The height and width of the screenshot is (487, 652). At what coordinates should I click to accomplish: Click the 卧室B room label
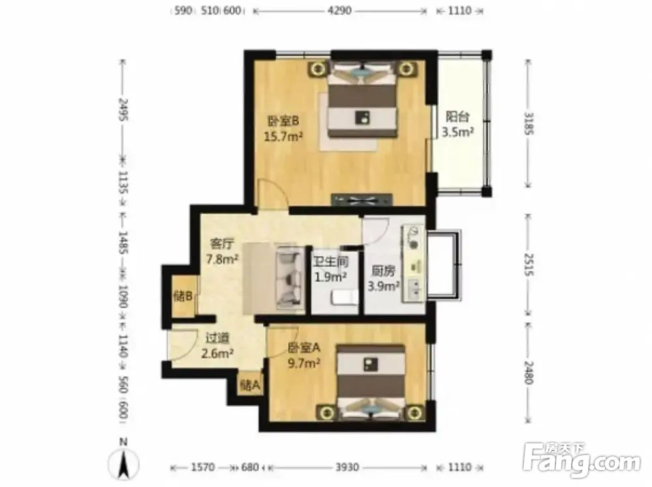283,121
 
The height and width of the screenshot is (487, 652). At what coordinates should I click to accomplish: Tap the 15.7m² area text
283,136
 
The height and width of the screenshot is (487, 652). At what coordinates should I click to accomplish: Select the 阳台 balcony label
458,116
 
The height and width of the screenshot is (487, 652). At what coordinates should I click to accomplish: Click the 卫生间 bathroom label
331,262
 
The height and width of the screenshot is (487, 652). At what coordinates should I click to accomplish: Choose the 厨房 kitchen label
383,271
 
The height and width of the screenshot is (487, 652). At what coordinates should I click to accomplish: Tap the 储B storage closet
183,297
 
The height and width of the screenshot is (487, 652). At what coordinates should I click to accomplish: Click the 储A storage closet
250,385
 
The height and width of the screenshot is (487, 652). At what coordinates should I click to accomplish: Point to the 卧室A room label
304,347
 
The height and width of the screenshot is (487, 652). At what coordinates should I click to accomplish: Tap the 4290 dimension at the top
339,11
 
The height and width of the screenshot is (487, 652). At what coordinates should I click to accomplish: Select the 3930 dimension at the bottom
348,467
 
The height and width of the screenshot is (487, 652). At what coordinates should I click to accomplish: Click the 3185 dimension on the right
528,123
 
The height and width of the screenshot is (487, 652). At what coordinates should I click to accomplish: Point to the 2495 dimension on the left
123,110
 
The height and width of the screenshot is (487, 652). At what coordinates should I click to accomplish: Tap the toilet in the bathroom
344,298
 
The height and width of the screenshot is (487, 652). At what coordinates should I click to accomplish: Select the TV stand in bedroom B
362,199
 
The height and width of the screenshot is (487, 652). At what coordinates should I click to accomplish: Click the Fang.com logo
582,459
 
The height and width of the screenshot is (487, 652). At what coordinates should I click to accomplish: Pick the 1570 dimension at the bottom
203,467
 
